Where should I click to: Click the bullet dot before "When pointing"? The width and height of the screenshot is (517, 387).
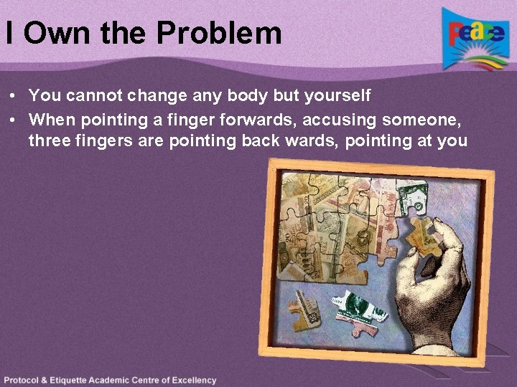click(14, 118)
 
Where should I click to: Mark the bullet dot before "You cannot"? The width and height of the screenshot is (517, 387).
click(14, 95)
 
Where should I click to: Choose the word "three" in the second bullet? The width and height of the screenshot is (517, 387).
click(49, 140)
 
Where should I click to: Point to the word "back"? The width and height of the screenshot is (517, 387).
click(263, 140)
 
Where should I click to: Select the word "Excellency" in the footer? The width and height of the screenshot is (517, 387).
click(190, 381)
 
